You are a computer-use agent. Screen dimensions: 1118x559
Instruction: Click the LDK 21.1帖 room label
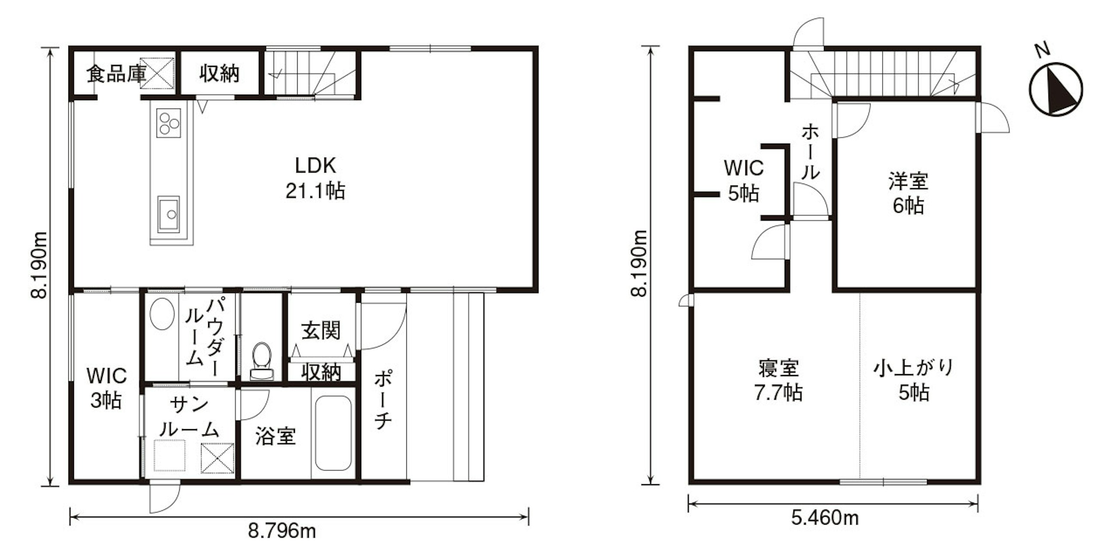tap(316, 178)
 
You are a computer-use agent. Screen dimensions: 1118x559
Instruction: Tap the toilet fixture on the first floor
tap(262, 362)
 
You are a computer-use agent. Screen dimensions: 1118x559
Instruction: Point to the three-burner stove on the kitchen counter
tap(169, 123)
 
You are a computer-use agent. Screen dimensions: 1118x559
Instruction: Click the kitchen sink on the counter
tap(169, 214)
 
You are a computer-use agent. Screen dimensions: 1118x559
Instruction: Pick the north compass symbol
tap(1056, 89)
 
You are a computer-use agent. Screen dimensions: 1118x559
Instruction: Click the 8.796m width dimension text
tap(282, 530)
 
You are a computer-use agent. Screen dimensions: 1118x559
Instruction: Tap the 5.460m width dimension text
tap(825, 518)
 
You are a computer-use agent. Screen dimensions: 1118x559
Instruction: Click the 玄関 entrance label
tap(321, 331)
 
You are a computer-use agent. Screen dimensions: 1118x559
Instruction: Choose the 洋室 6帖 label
tap(908, 193)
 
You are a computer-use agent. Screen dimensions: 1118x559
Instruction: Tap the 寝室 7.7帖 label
tap(778, 380)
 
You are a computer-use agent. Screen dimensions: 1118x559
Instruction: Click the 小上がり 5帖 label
tap(914, 380)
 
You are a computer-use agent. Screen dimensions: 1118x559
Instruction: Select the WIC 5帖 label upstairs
tap(744, 181)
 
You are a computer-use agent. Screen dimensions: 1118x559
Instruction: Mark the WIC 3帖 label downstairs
tap(106, 388)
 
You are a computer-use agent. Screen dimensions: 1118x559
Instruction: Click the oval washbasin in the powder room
tap(162, 313)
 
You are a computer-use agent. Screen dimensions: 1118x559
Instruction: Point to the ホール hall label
tap(810, 152)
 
